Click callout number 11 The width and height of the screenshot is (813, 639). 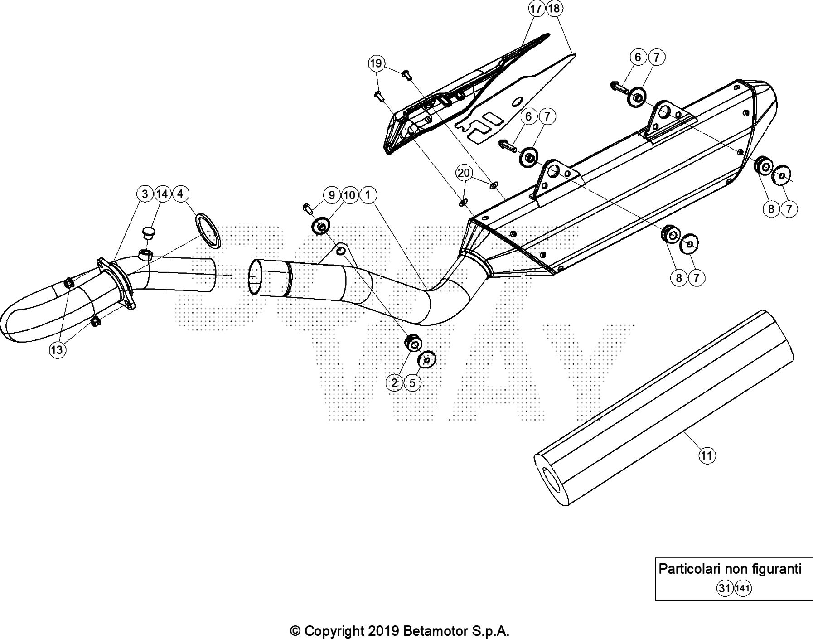click(x=707, y=455)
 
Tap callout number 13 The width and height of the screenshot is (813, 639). click(x=57, y=350)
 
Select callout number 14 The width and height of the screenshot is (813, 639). click(x=162, y=194)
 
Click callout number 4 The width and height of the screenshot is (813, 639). click(x=180, y=194)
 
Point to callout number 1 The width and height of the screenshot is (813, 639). click(x=368, y=195)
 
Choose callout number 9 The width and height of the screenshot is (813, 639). click(x=332, y=195)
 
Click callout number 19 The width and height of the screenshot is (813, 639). click(x=376, y=63)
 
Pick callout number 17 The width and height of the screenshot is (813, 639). click(x=536, y=9)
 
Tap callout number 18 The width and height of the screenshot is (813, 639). click(x=554, y=9)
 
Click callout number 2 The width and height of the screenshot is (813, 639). click(x=394, y=383)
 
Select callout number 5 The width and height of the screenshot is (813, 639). click(x=412, y=383)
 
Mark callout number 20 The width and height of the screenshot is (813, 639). click(x=464, y=173)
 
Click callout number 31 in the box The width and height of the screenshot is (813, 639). click(x=724, y=588)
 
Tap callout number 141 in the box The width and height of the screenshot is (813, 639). click(x=743, y=588)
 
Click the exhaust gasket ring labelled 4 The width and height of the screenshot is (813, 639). click(x=208, y=232)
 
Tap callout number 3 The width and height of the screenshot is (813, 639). click(x=145, y=194)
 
